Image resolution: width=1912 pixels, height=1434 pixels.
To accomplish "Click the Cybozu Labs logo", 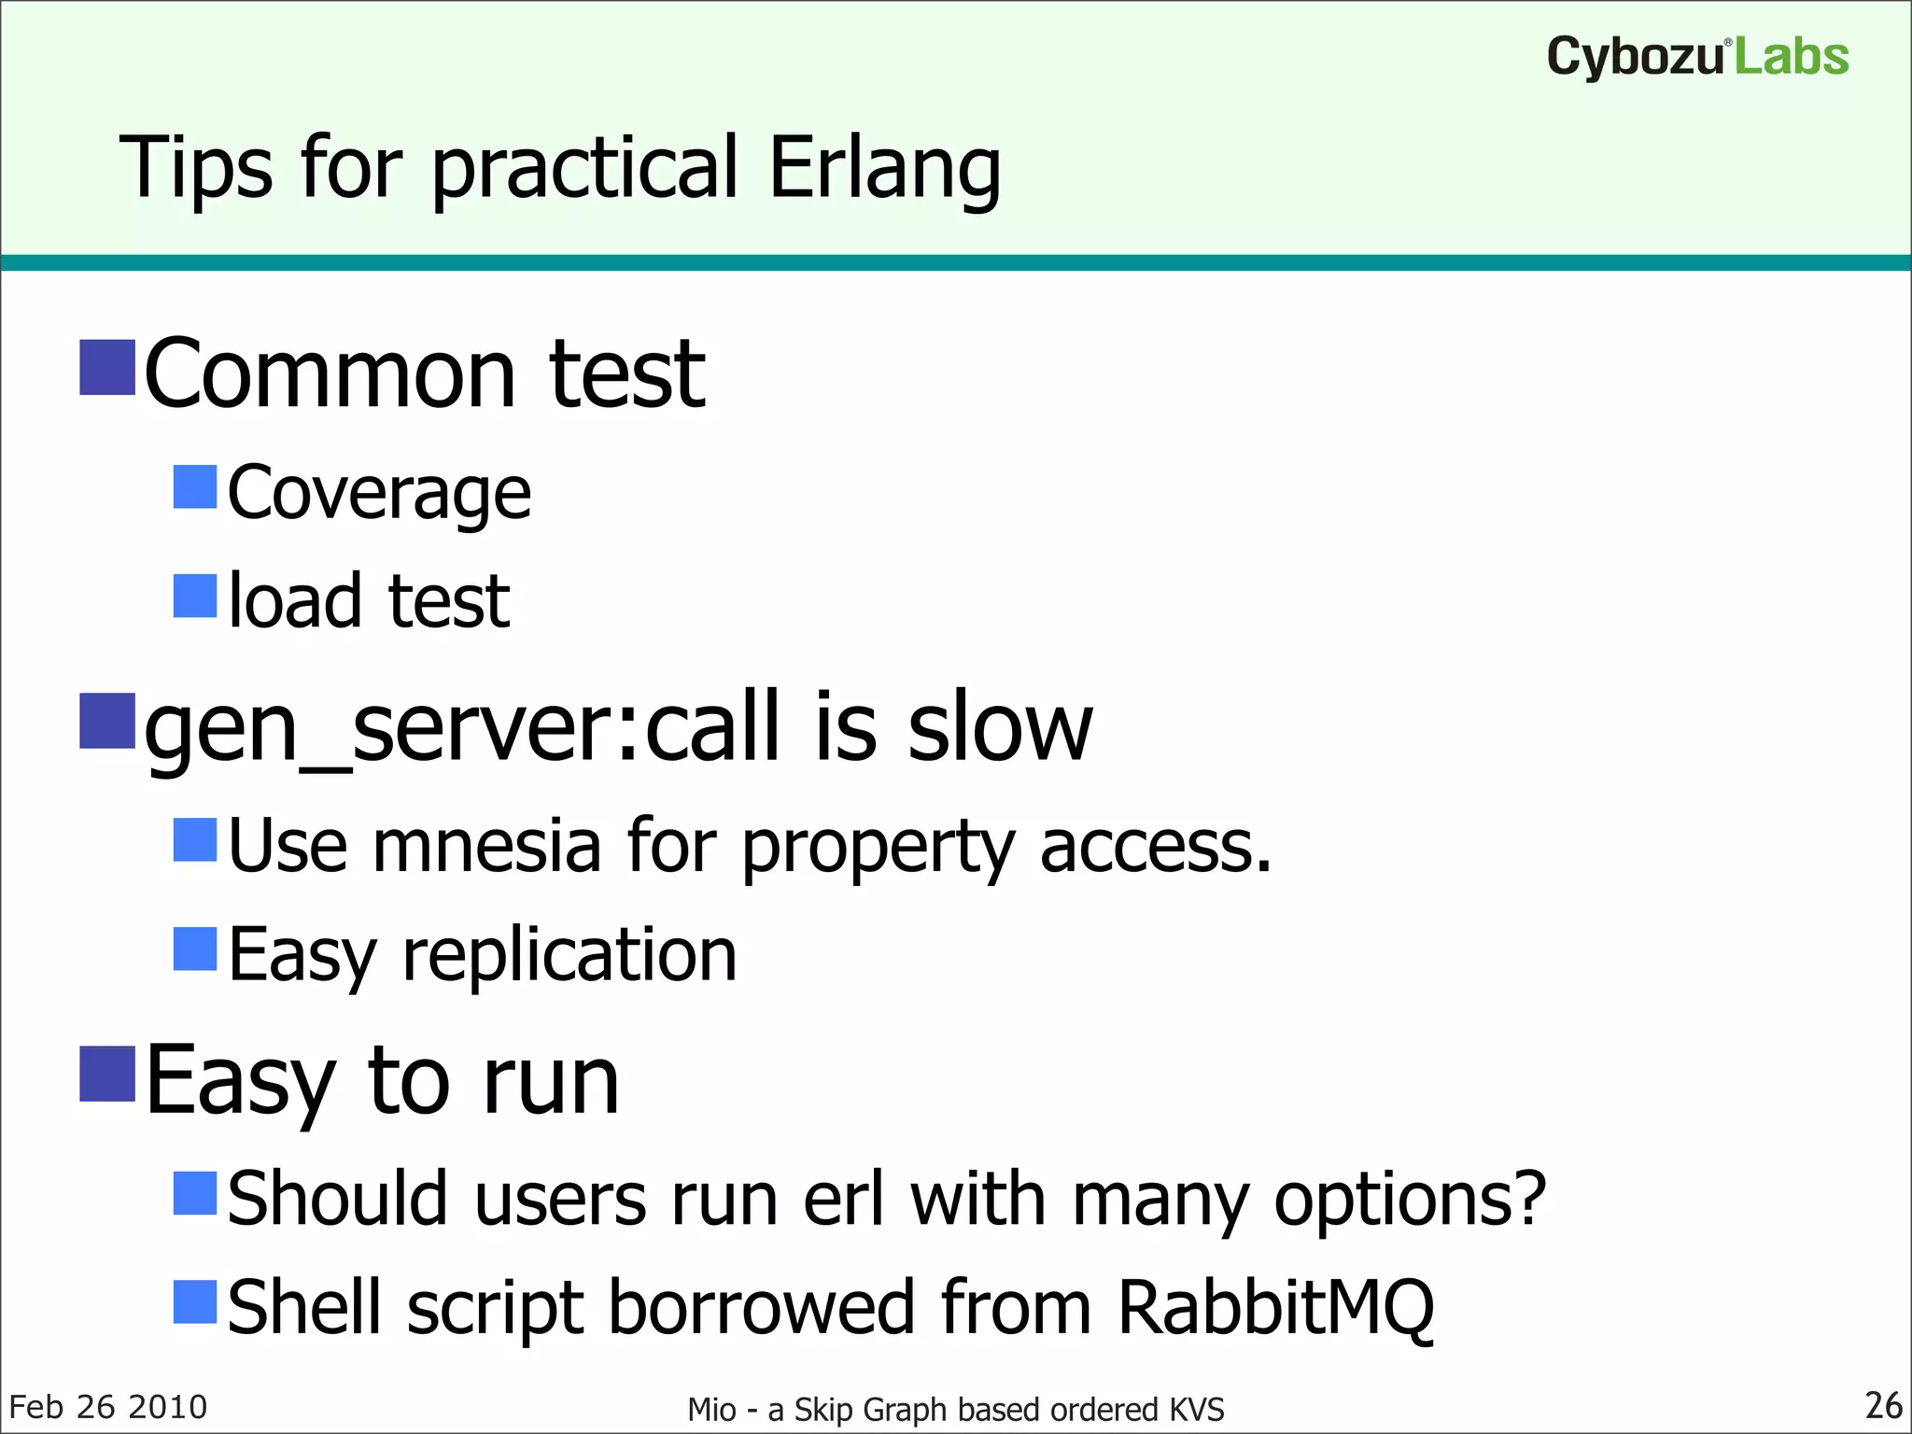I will (1697, 57).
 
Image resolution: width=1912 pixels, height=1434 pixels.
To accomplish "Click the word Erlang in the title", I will (884, 169).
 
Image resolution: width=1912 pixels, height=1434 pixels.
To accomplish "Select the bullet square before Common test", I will (107, 367).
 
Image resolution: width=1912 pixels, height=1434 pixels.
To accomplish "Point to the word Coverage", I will (379, 493).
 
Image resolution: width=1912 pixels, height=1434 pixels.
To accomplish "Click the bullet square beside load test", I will (195, 596).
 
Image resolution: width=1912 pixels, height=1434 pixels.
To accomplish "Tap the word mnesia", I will (486, 846).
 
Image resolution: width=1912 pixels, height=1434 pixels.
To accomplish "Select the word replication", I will (569, 955).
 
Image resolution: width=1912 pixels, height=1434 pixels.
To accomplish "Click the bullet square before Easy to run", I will (107, 1074).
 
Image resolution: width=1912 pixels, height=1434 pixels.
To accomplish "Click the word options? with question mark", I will (1410, 1199).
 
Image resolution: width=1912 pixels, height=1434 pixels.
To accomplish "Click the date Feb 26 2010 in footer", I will (107, 1407).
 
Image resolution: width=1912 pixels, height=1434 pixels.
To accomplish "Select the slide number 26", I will (1883, 1406).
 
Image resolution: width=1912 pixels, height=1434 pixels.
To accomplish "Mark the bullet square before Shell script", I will (195, 1301).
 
